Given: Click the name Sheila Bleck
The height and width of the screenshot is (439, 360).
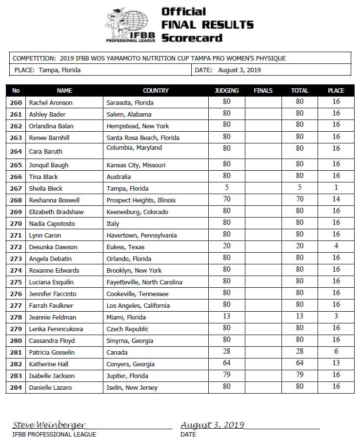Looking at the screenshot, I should click(46, 188).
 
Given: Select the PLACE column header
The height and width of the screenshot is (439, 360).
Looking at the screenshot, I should click(336, 90).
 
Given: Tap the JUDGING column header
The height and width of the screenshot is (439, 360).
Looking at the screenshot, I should click(227, 90).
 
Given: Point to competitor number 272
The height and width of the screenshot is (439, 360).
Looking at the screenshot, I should click(16, 247).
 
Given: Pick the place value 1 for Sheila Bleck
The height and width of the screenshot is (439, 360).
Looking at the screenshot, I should click(336, 187).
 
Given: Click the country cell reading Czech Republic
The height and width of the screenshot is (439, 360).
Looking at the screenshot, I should click(127, 329).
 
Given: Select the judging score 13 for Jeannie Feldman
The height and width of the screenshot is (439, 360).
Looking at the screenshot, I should click(227, 316).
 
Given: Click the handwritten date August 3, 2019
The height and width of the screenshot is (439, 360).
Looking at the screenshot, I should click(212, 425).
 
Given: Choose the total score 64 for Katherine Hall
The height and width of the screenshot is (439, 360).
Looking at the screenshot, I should click(300, 363).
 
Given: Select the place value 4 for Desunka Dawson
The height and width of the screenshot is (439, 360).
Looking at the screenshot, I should click(336, 246).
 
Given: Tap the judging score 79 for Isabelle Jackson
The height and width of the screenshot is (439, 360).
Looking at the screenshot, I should click(227, 375).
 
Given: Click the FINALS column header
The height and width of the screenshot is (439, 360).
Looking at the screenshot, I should click(263, 90).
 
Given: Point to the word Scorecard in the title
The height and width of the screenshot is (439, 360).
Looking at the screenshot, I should click(192, 38).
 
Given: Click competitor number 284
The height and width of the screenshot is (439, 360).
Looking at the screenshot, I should click(16, 387).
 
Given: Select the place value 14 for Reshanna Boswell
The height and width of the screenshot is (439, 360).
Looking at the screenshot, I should click(336, 199).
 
